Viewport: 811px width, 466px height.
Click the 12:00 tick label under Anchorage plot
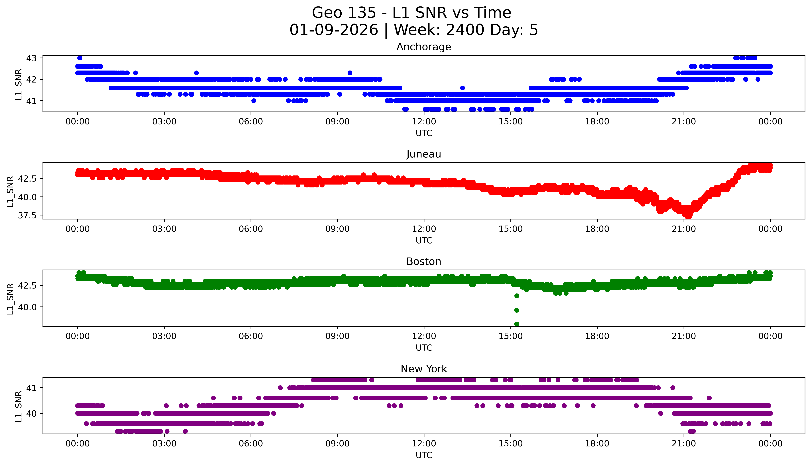(x=424, y=122)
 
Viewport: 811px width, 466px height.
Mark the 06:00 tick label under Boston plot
(x=251, y=336)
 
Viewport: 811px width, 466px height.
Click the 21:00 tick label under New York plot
(x=684, y=444)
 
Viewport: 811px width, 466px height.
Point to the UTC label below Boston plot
(x=424, y=348)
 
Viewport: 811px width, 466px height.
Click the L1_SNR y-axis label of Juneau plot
(x=10, y=191)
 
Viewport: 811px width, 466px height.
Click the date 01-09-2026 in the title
(x=334, y=30)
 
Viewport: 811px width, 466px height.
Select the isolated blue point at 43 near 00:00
(x=80, y=58)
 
